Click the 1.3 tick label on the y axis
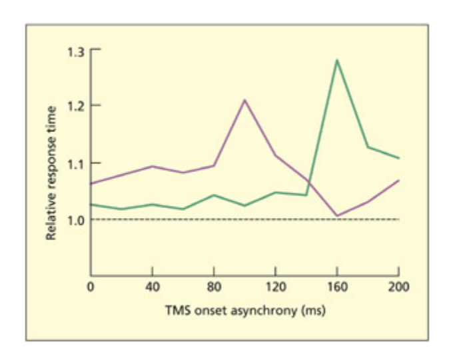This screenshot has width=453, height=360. pyautogui.click(x=78, y=49)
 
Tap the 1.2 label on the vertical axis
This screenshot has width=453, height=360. pyautogui.click(x=78, y=105)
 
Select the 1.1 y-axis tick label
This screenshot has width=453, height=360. pyautogui.click(x=78, y=163)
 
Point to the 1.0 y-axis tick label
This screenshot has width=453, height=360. pyautogui.click(x=78, y=219)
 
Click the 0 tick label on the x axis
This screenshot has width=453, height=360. pyautogui.click(x=91, y=287)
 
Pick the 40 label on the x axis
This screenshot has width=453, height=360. pyautogui.click(x=152, y=287)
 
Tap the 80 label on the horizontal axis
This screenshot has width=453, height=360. pyautogui.click(x=213, y=287)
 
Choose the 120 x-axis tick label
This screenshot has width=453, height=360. pyautogui.click(x=275, y=287)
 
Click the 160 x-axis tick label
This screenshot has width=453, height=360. pyautogui.click(x=337, y=287)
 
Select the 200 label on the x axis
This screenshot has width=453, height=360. pyautogui.click(x=398, y=287)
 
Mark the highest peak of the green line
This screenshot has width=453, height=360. pyautogui.click(x=337, y=60)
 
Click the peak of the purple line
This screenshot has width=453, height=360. pyautogui.click(x=244, y=100)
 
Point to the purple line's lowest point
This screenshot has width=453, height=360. pyautogui.click(x=337, y=215)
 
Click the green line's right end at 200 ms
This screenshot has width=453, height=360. pyautogui.click(x=398, y=158)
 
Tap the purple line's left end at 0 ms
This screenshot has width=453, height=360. pyautogui.click(x=91, y=183)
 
